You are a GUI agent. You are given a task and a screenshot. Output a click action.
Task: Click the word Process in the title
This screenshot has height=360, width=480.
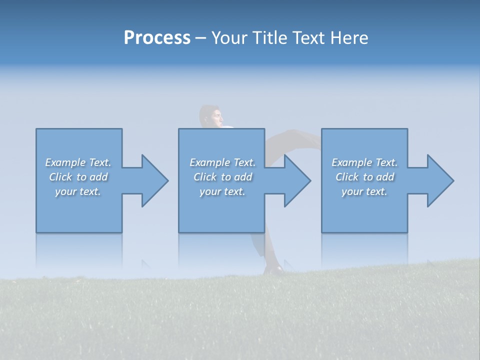click(x=157, y=38)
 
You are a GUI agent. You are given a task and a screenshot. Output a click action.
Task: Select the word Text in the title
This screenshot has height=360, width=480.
click(x=310, y=38)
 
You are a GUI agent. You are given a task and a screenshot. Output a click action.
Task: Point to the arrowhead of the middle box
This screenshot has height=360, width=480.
click(x=297, y=180)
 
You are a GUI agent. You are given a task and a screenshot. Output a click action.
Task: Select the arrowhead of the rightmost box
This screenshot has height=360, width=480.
click(x=440, y=180)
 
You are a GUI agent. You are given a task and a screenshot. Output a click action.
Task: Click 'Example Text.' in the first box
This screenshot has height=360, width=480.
click(x=78, y=162)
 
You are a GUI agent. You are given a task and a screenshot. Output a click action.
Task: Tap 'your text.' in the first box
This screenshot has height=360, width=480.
click(x=78, y=191)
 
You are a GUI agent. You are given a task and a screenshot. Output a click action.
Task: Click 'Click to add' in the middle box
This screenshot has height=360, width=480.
click(x=222, y=177)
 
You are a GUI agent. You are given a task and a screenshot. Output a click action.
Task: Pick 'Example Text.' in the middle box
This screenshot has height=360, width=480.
click(x=222, y=162)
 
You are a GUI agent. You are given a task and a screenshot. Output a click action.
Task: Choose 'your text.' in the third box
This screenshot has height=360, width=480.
click(x=364, y=191)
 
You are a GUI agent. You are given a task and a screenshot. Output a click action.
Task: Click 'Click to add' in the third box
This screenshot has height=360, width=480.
click(x=364, y=177)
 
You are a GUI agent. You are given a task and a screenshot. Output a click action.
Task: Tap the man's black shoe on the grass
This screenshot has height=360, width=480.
click(x=274, y=269)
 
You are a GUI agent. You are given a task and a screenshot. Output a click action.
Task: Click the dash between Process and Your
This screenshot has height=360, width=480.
click(x=200, y=38)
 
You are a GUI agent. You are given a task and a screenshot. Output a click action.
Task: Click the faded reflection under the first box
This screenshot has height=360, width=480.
click(x=79, y=247)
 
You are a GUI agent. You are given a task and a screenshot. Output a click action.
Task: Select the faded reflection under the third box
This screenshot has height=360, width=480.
click(x=364, y=247)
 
